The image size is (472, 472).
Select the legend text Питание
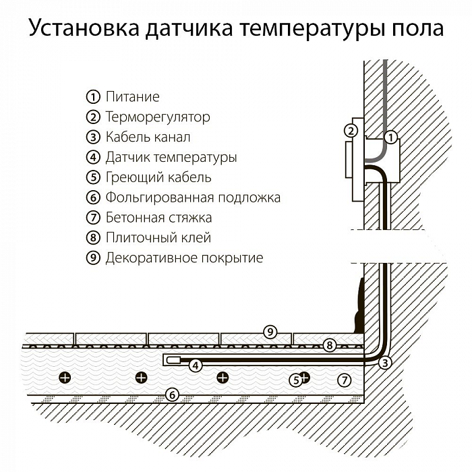[x=132, y=97]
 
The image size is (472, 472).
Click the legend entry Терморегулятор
[x=158, y=117]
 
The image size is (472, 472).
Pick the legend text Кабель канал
[x=148, y=138]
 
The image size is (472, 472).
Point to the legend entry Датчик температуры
[x=171, y=158]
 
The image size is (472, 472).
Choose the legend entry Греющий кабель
[x=158, y=178]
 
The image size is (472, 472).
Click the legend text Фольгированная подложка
[x=193, y=198]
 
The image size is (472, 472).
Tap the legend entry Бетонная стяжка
[x=158, y=218]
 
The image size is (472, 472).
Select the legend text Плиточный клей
[x=158, y=238]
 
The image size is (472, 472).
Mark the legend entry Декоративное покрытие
[x=184, y=258]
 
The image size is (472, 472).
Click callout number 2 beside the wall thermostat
[x=350, y=131]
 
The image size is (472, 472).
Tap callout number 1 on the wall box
[x=389, y=138]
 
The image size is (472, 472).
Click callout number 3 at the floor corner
[x=385, y=363]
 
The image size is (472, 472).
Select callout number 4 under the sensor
[x=195, y=366]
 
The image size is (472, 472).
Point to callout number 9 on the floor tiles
[x=269, y=332]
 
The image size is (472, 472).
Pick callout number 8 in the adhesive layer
[x=329, y=345]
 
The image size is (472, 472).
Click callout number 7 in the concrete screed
[x=345, y=380]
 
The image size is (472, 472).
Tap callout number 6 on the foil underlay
[x=172, y=394]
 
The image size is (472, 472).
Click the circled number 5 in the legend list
[x=93, y=178]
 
